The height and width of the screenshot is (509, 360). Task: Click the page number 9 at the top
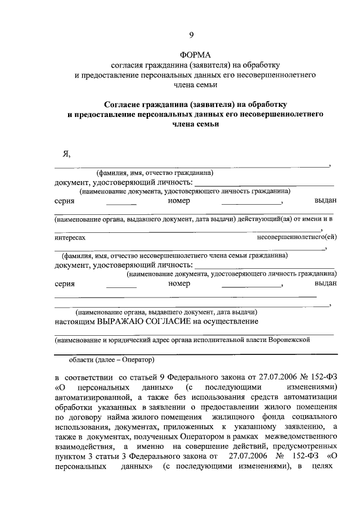pos(191,35)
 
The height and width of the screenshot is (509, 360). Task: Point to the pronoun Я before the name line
pos(66,155)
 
